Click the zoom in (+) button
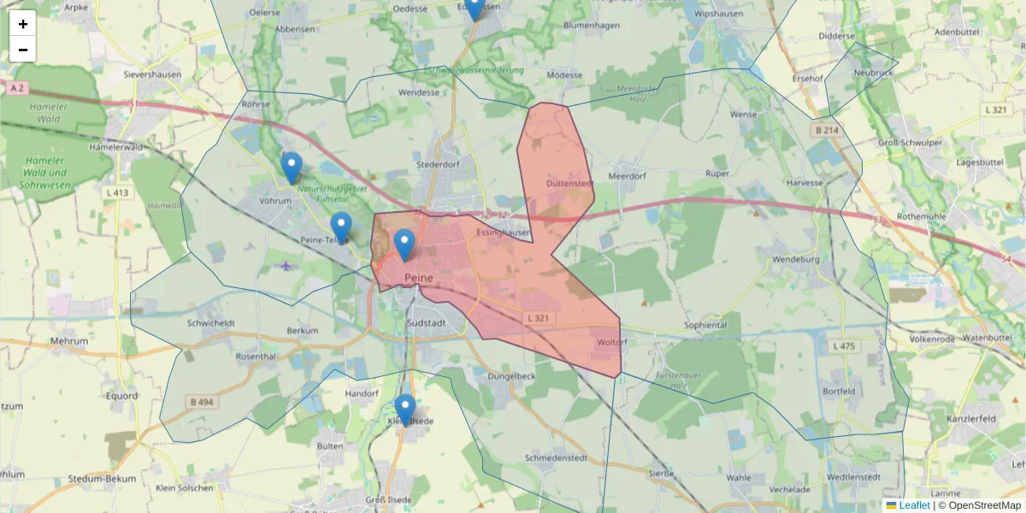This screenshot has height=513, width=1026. (23, 24)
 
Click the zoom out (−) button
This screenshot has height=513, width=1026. (23, 50)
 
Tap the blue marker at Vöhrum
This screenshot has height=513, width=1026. (292, 168)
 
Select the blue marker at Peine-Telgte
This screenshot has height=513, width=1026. (341, 227)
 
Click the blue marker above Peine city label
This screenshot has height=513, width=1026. (404, 245)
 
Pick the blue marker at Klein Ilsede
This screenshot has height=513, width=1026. (405, 410)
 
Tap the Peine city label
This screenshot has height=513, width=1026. (419, 278)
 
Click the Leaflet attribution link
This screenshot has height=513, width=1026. (914, 505)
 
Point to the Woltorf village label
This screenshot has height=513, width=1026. (612, 343)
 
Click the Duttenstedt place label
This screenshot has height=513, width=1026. (569, 183)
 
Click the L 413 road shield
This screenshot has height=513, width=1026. (118, 192)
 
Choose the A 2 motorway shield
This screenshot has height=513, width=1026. (15, 88)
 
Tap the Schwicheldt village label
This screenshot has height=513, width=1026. (210, 323)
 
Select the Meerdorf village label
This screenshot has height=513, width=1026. (626, 176)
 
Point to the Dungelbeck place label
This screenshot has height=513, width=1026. (510, 375)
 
